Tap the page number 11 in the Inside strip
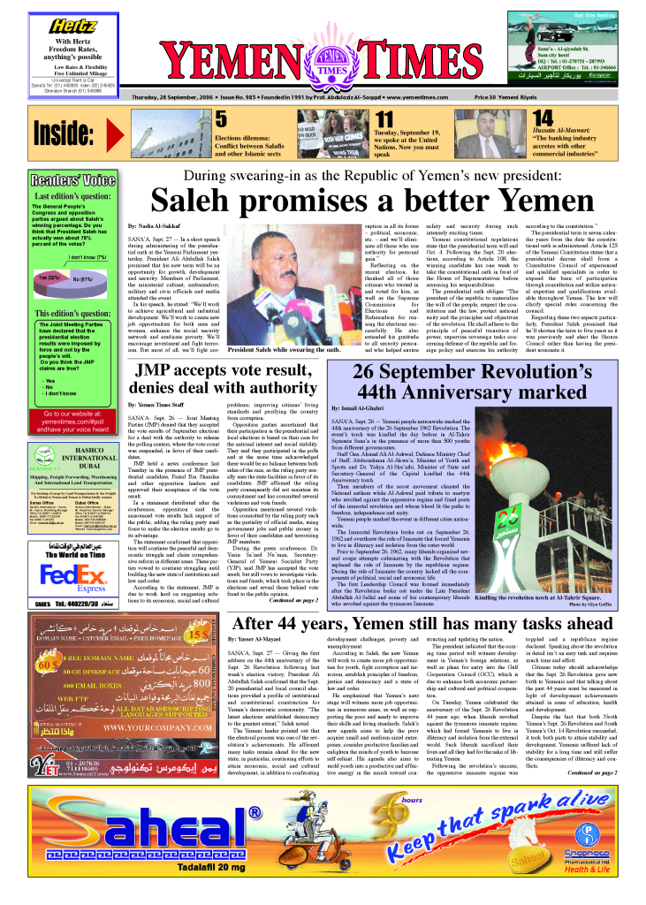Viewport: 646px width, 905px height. pos(384,119)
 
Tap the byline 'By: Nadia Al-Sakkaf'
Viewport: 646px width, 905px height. pos(160,227)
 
